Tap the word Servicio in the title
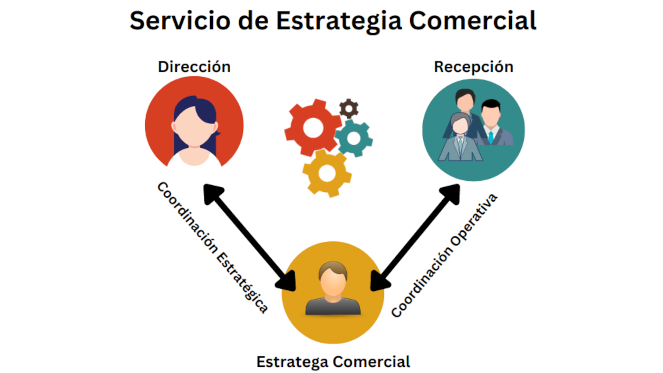click(x=180, y=21)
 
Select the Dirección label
click(x=194, y=67)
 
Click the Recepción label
click(x=473, y=67)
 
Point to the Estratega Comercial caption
click(x=333, y=362)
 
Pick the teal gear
click(x=354, y=138)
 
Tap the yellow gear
click(x=327, y=173)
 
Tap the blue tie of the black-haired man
click(x=491, y=137)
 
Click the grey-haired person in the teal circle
click(x=460, y=138)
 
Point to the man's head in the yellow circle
click(x=333, y=278)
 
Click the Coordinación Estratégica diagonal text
click(x=212, y=247)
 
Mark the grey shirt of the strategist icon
click(x=333, y=307)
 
